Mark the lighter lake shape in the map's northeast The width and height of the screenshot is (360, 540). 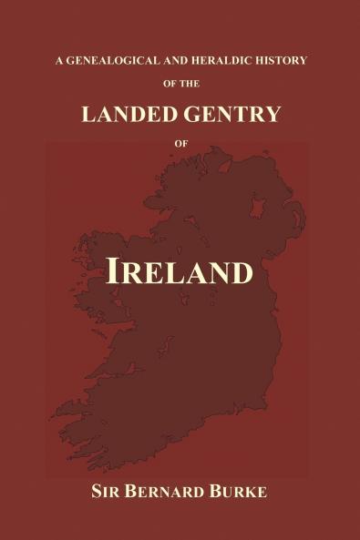click(x=258, y=209)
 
